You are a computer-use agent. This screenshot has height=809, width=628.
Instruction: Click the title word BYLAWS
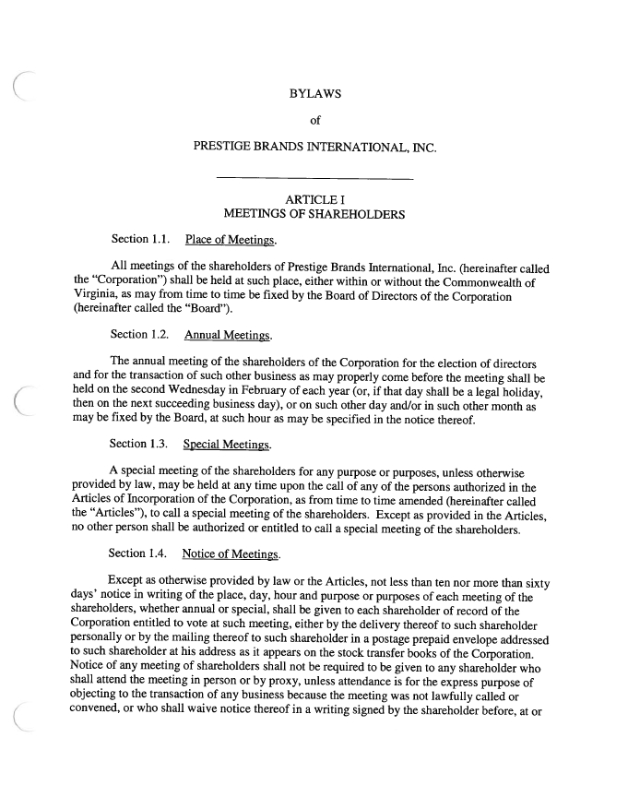314,94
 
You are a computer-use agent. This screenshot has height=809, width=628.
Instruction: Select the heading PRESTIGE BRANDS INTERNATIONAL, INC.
314,146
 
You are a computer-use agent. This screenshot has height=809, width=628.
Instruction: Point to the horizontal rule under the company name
314,177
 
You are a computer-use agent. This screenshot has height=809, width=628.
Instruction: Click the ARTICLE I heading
314,199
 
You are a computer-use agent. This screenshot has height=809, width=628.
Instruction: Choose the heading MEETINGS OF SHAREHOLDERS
314,215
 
